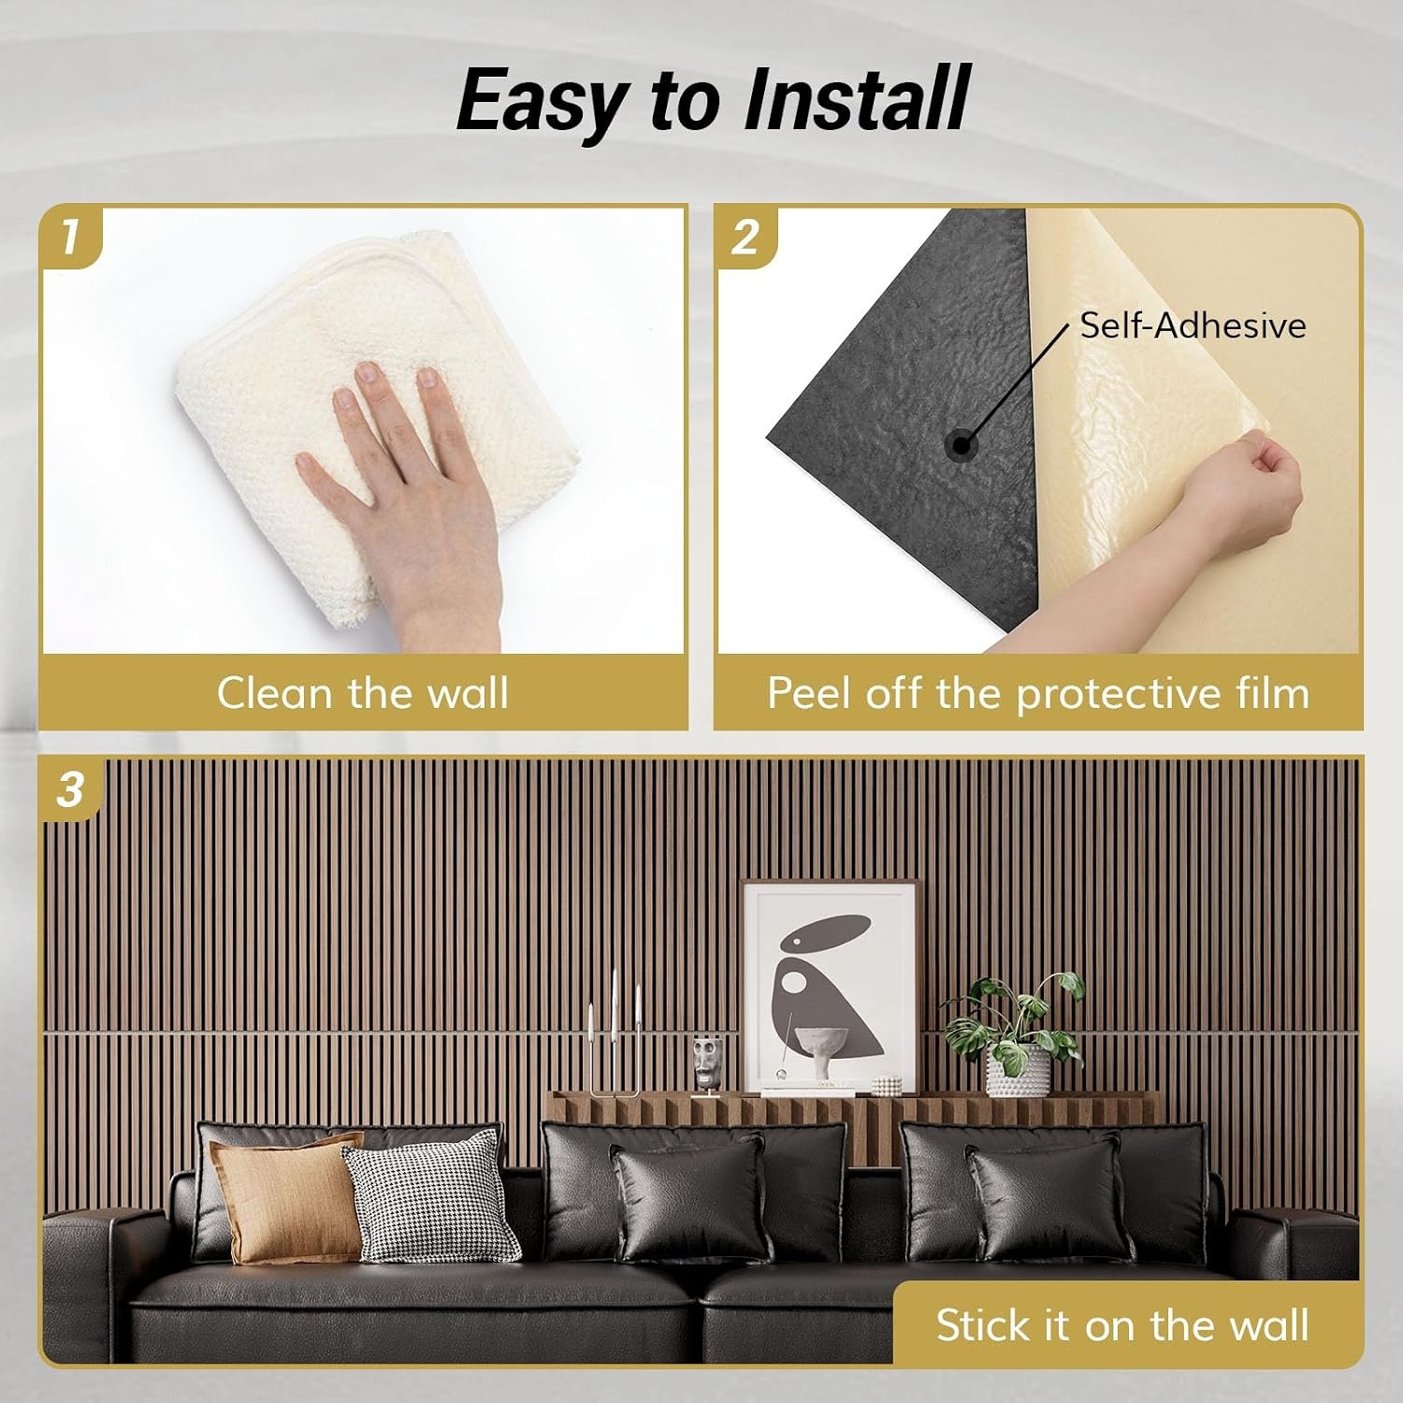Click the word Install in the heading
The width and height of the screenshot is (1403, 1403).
pos(856,100)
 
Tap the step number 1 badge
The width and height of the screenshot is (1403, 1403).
pos(70,237)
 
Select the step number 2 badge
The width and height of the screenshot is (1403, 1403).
pos(745,237)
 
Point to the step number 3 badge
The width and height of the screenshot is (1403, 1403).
pos(70,789)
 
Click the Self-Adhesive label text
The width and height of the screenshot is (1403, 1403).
pos(1193,325)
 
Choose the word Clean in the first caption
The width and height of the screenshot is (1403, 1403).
pos(275,693)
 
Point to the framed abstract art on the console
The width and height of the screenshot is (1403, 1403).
pos(829,987)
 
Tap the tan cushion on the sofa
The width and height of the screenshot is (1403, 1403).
pos(285,1197)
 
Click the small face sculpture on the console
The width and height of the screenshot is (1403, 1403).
pos(707,1064)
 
